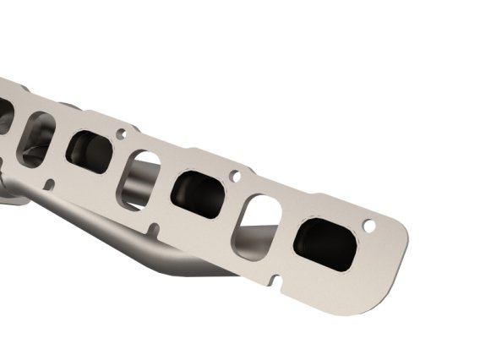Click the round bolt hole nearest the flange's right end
coord(368,226)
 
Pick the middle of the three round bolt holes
coord(235,177)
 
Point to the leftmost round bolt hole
coord(122,134)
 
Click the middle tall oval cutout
coord(142,178)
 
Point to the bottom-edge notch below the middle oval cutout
coord(153,228)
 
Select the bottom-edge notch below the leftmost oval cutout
coord(48,183)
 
